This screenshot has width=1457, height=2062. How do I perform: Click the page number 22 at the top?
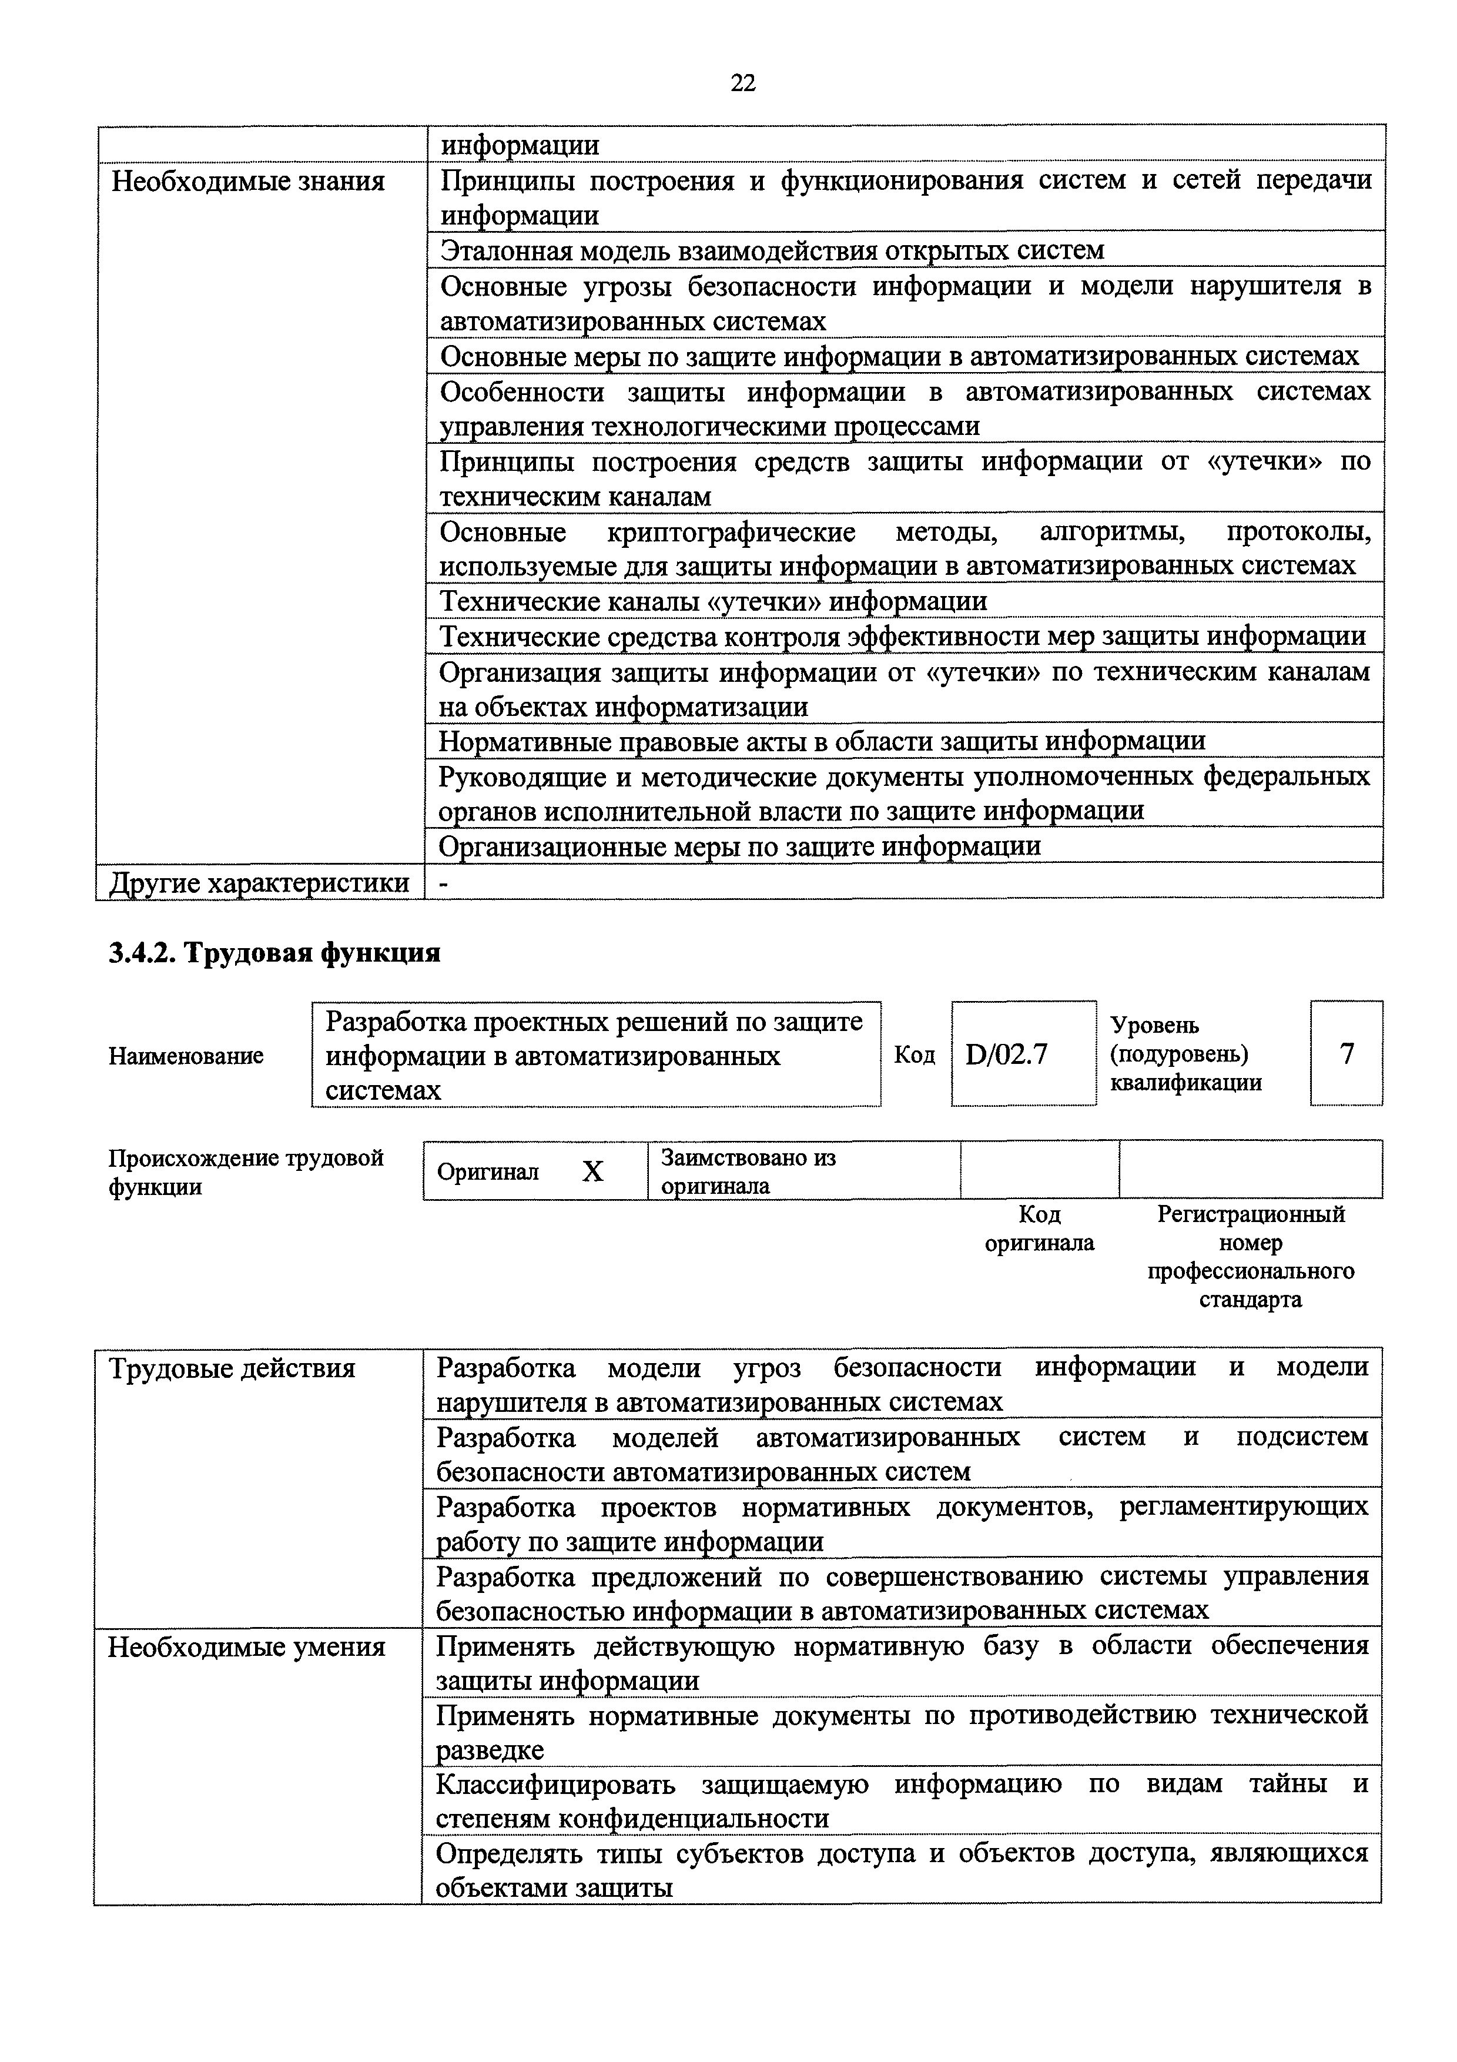(743, 83)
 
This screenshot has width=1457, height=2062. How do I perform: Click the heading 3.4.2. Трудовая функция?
(274, 953)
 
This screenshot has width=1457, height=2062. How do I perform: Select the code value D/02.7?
(1006, 1053)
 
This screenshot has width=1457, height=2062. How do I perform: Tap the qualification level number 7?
(1347, 1053)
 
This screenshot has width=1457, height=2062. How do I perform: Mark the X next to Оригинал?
(592, 1171)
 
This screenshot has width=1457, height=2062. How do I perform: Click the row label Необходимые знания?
(248, 182)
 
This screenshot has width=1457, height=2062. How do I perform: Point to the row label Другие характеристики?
(259, 883)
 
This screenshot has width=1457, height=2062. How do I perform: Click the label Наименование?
(186, 1055)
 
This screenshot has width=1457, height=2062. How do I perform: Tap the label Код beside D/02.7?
(914, 1055)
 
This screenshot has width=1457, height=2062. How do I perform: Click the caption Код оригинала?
(1040, 1229)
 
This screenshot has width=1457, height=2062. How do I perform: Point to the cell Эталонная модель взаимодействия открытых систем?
(772, 250)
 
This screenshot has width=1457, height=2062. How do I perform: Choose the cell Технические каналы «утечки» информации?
(714, 601)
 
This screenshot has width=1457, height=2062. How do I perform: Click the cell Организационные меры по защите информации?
(740, 846)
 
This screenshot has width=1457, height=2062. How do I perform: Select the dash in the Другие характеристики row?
(443, 883)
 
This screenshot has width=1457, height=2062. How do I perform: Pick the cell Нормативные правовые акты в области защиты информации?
(822, 741)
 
